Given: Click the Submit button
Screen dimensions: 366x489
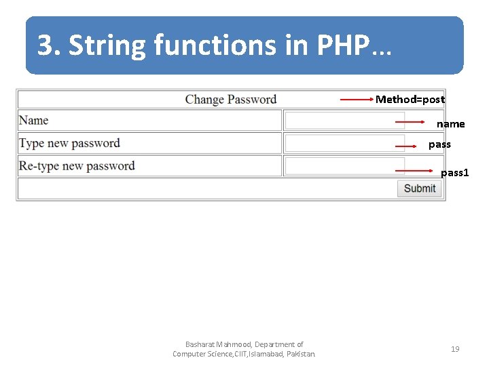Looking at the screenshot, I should click(420, 188).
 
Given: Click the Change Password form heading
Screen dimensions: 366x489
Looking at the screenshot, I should click(230, 100).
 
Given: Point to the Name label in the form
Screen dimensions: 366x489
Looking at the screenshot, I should click(34, 121).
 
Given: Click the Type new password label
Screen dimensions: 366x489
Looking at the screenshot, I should click(69, 143).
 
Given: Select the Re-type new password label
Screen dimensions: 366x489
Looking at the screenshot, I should click(77, 166).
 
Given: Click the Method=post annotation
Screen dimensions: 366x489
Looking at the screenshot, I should click(410, 100).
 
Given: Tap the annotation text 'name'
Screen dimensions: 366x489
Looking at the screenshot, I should click(450, 124).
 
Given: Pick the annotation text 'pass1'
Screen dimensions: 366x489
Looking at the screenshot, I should click(454, 173).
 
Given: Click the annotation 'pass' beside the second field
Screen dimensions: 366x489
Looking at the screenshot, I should click(439, 144).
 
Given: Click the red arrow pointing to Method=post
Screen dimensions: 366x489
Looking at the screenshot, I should click(357, 100).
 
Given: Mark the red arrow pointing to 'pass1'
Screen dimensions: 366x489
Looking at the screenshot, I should click(414, 171).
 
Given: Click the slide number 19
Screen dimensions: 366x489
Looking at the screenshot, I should click(455, 349).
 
